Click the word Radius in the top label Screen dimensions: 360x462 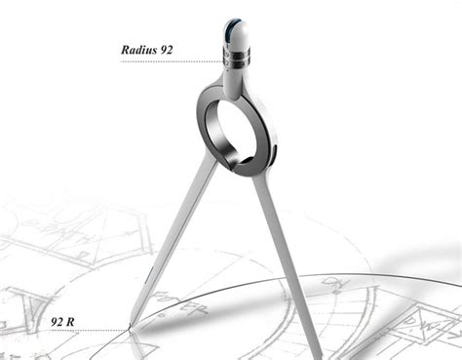coord(142,47)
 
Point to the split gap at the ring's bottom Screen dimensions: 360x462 coord(240,168)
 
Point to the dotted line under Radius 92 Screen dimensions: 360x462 coord(166,61)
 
